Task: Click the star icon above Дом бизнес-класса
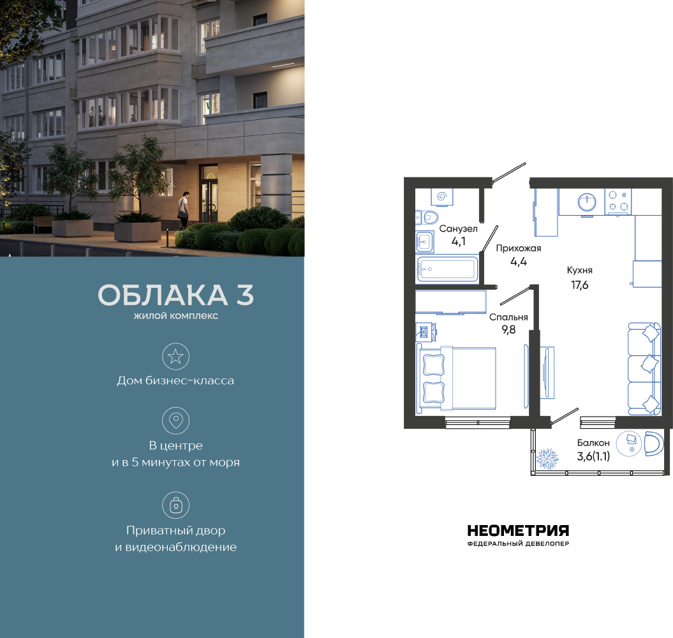point(175,357)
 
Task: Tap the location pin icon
point(175,420)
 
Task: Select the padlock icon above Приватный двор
point(175,505)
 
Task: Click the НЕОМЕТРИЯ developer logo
point(518,535)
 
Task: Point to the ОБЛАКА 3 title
point(175,295)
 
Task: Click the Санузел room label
point(458,229)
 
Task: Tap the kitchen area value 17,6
point(579,285)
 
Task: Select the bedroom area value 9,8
point(508,330)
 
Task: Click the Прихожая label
point(519,248)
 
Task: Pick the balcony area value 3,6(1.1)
point(593,456)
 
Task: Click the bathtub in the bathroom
point(447,269)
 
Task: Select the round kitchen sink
point(587,202)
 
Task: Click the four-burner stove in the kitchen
point(618,202)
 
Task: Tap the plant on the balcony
point(547,459)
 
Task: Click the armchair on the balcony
point(654,444)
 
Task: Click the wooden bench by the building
point(43,224)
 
